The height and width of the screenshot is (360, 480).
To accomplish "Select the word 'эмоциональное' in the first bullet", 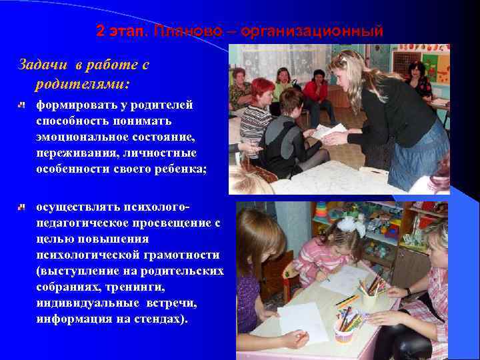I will pos(80,137).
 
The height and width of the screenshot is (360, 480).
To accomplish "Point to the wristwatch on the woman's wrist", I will pos(407,291).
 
